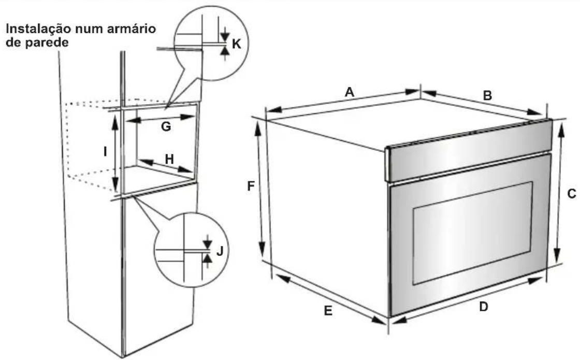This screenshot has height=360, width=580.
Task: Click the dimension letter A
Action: click(x=349, y=92)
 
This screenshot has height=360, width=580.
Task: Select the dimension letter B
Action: click(x=487, y=95)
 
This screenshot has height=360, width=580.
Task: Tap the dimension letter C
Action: click(x=571, y=194)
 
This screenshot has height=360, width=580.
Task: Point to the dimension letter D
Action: click(x=484, y=306)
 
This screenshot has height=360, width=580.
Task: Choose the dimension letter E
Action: click(x=328, y=311)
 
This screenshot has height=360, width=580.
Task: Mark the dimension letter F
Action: click(x=251, y=186)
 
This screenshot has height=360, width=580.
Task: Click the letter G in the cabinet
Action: click(x=166, y=126)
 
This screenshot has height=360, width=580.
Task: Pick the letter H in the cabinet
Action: click(x=169, y=159)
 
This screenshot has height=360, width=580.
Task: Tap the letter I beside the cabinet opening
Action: click(x=106, y=151)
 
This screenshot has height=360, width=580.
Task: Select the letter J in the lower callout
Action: click(x=220, y=251)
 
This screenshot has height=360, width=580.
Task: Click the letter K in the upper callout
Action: click(x=236, y=44)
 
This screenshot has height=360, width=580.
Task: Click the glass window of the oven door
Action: click(x=472, y=233)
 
